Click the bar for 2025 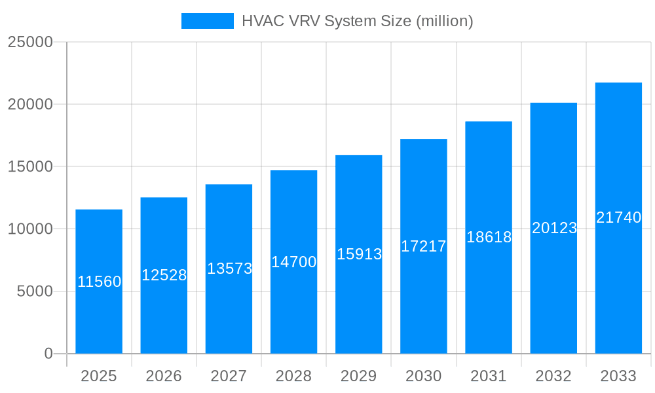[x=99, y=314]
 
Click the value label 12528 [x=164, y=275]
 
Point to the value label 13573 [x=229, y=269]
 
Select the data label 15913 [x=359, y=254]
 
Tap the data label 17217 [x=424, y=246]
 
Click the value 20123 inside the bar [x=554, y=228]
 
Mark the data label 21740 [x=618, y=217]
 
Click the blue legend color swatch [x=207, y=21]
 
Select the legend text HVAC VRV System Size [x=357, y=21]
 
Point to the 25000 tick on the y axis [x=29, y=42]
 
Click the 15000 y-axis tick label [x=29, y=166]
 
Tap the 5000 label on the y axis [x=34, y=291]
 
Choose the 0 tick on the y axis [x=48, y=354]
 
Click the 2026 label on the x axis [x=164, y=376]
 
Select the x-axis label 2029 [x=359, y=376]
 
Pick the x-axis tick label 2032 [x=553, y=376]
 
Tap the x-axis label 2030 [x=424, y=376]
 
